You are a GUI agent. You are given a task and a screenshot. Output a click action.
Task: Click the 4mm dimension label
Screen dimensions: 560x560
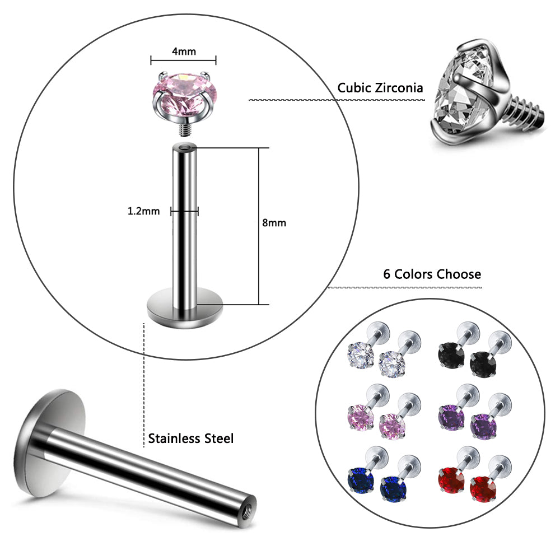[183, 52]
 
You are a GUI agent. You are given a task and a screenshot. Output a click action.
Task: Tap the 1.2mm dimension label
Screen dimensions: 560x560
[144, 211]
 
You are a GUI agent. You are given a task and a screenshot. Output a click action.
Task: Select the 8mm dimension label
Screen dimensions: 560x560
[274, 222]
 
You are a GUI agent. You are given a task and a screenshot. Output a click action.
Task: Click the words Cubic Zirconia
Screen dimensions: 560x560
[380, 88]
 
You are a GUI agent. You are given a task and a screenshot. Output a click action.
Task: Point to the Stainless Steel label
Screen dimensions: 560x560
[190, 438]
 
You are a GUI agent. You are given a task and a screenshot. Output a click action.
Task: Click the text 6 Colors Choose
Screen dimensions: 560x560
[432, 274]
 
